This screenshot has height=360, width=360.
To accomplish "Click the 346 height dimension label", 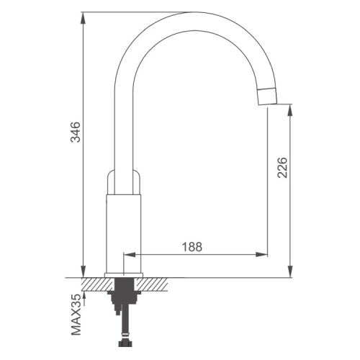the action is click(x=76, y=132).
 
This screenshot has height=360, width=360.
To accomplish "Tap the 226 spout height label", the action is click(x=282, y=168).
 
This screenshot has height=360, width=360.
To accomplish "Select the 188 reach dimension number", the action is click(x=192, y=246).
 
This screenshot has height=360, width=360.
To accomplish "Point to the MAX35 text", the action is click(x=76, y=315).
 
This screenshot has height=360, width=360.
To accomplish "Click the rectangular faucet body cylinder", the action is click(x=123, y=233).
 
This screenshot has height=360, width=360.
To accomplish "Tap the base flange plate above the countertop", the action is click(x=124, y=275).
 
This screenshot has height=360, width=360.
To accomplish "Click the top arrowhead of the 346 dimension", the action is click(x=83, y=18).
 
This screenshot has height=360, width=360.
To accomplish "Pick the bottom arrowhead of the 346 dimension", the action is click(x=83, y=271).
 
